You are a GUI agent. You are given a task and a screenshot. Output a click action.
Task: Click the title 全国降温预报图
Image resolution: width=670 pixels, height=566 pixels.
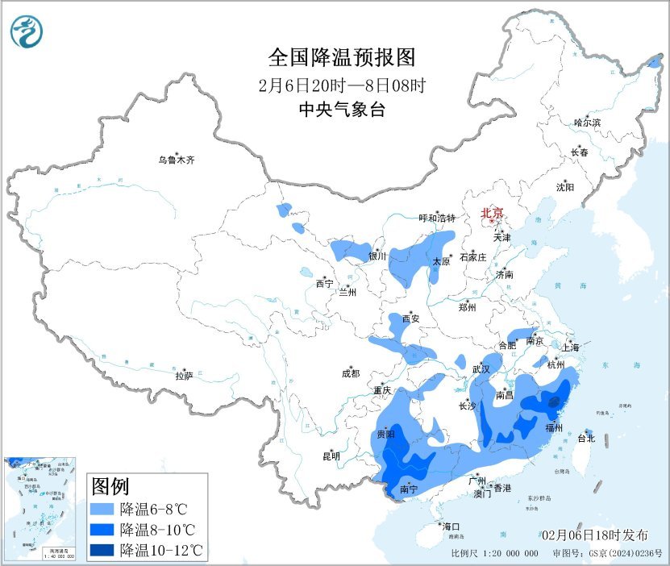(x=341, y=58)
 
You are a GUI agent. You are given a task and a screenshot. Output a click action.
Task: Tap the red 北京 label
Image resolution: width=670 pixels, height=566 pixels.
(x=492, y=214)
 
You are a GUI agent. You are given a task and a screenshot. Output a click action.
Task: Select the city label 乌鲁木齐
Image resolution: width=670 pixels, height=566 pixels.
(x=176, y=160)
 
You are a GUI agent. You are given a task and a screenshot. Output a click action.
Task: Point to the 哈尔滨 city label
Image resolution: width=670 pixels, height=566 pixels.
(x=587, y=123)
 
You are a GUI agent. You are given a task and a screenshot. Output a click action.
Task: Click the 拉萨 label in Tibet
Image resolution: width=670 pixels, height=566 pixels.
(x=184, y=375)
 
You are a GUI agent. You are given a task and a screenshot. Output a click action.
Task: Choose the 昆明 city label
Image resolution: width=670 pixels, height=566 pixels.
(x=331, y=456)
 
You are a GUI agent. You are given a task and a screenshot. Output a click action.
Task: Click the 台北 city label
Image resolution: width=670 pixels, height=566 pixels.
(x=585, y=439)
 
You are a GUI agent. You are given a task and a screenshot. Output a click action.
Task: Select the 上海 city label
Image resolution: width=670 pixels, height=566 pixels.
(x=571, y=348)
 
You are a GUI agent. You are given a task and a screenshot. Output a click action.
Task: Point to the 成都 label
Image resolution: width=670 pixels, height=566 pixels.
(x=351, y=373)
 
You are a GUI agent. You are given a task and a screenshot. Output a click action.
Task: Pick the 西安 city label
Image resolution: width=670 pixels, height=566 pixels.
(x=410, y=318)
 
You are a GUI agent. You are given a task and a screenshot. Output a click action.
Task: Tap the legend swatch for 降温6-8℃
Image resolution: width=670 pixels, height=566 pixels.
(x=102, y=510)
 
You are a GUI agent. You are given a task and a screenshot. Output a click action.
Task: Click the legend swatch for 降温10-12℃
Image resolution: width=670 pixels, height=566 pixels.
(x=102, y=551)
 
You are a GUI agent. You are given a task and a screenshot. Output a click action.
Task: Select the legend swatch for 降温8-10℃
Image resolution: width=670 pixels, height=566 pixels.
(x=102, y=530)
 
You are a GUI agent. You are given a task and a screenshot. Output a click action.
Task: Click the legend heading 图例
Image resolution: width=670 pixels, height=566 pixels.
(x=110, y=487)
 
